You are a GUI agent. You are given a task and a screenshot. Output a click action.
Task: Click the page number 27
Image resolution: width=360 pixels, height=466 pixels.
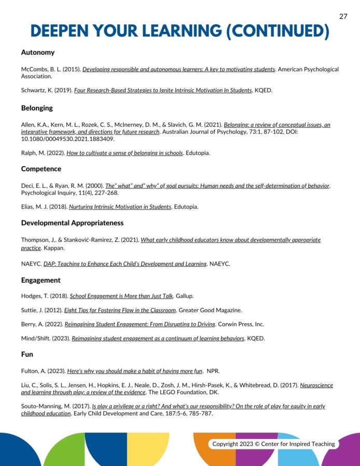343,16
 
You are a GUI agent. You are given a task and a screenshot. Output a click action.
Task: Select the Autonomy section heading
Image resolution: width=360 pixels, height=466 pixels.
38,52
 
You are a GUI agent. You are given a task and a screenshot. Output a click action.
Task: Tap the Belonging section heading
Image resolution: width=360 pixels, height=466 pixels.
37,108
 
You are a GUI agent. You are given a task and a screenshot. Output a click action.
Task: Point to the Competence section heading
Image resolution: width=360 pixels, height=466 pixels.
41,169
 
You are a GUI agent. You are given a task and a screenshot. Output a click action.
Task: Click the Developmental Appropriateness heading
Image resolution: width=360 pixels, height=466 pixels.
73,223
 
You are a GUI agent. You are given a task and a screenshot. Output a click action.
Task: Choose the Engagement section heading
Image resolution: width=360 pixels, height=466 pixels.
41,280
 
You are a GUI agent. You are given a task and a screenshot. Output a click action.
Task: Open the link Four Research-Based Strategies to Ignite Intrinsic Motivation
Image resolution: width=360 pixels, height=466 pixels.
163,90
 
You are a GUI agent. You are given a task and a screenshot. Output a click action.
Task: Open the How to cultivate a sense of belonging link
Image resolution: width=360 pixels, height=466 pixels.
125,153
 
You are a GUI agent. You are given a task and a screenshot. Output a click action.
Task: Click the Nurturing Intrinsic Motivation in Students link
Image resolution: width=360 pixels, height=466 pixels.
120,207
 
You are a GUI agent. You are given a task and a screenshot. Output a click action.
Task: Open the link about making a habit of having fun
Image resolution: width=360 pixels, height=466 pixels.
135,371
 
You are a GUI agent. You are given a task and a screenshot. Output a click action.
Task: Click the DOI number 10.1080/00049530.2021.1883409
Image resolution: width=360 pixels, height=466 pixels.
67,139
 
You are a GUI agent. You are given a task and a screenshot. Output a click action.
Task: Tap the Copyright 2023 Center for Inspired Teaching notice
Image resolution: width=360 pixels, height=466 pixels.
273,444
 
